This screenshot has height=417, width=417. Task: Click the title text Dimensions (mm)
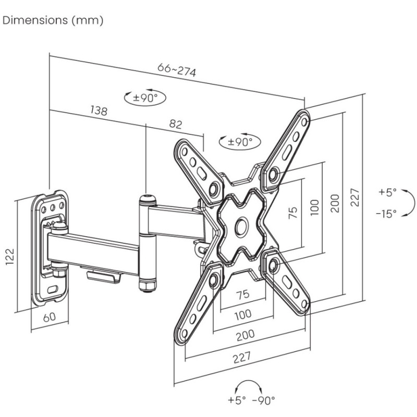[x=53, y=21]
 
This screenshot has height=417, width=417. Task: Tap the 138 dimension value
[x=99, y=111]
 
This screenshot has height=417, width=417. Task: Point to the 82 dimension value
[x=176, y=124]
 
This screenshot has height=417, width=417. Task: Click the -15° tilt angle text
[x=386, y=213]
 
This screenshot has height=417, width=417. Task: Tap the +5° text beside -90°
[x=237, y=400]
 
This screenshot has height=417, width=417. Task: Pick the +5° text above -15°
[x=387, y=192]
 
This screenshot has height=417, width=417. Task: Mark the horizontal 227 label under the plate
[x=242, y=357]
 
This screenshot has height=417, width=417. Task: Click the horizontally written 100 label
[x=242, y=314]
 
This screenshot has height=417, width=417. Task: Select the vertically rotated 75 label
[x=293, y=212]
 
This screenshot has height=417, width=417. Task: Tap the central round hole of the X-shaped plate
[x=242, y=225]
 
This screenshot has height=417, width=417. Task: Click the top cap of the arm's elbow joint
[x=146, y=198]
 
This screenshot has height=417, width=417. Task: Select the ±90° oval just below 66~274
[x=141, y=97]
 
